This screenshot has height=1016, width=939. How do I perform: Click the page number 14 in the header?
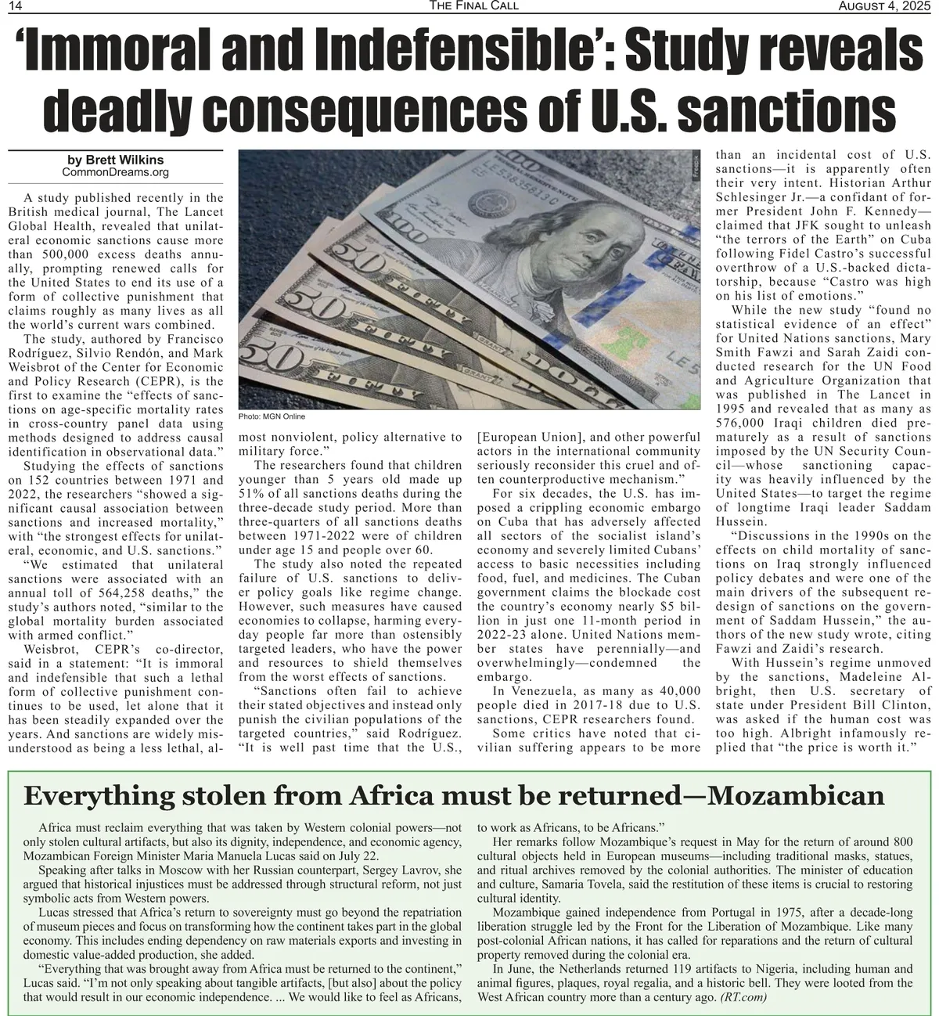(15, 6)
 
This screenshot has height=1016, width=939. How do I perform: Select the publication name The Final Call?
(473, 6)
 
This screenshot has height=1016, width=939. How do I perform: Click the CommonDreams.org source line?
(115, 172)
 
